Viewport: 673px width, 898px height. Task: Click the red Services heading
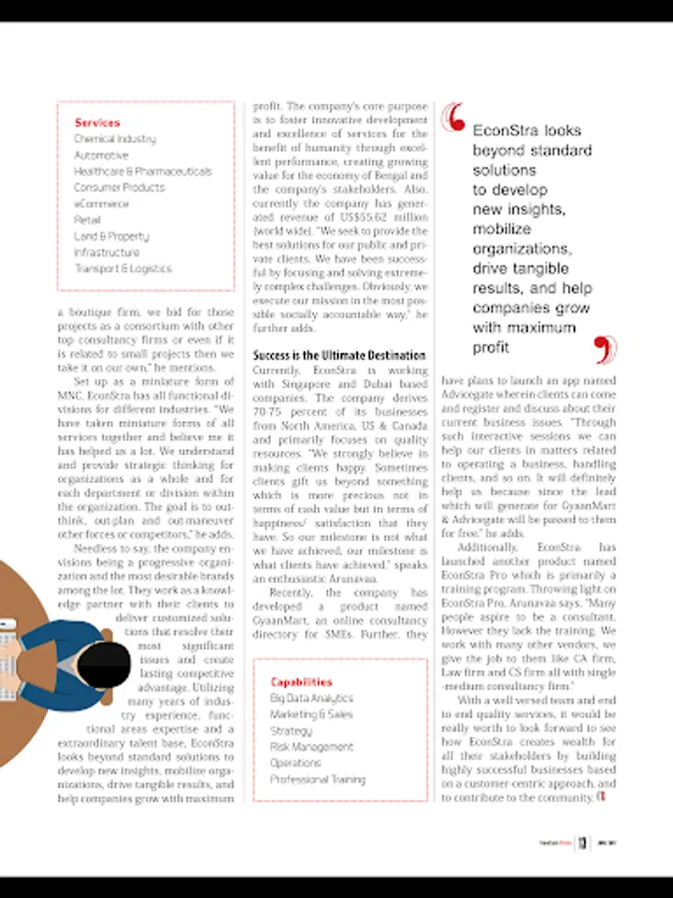(97, 123)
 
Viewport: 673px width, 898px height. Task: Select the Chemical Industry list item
(115, 139)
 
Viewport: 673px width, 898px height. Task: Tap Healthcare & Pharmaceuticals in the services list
(143, 172)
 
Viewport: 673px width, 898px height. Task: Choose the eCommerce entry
(101, 204)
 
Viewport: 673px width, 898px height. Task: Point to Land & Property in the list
(111, 236)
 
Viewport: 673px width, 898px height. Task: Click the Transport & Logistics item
(123, 268)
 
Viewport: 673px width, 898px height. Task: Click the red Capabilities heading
(301, 682)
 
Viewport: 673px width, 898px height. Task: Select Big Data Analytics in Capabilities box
(311, 698)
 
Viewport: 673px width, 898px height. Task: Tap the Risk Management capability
(311, 746)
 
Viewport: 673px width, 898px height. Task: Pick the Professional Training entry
(317, 779)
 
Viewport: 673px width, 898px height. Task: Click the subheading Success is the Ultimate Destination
(339, 355)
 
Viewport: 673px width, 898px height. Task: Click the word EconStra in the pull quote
(502, 131)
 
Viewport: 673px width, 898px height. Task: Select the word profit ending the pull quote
(492, 347)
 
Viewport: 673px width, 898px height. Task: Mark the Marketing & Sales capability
(311, 714)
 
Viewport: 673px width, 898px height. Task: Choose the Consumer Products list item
(119, 188)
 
